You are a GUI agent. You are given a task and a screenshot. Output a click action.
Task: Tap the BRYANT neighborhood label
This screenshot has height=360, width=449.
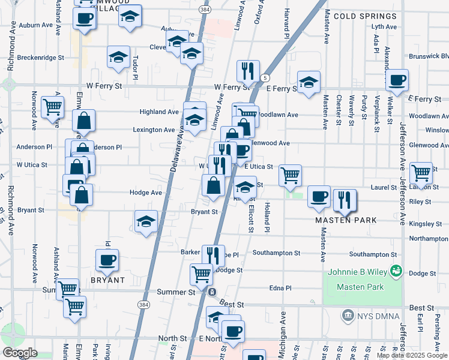(107, 280)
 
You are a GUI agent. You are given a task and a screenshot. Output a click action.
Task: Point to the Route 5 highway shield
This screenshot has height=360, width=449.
(265, 78)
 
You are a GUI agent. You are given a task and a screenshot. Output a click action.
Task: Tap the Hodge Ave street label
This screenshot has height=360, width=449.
(146, 193)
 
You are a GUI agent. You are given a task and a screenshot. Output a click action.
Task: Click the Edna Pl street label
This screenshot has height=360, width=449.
(280, 288)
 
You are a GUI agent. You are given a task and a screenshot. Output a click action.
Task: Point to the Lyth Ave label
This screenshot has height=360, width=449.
(384, 26)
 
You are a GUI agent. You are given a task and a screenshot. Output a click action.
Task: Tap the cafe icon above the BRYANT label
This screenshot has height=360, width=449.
(107, 260)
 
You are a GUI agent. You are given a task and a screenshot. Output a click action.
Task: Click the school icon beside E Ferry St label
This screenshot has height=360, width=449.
(309, 82)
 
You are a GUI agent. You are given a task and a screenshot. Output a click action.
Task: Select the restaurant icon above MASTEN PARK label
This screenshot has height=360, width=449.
(344, 200)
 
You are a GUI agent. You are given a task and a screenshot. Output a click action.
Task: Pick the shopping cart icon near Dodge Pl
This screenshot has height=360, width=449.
(201, 274)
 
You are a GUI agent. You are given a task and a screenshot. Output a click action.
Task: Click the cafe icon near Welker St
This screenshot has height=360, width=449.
(396, 80)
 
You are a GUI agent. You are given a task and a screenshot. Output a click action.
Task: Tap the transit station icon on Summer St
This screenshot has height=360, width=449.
(212, 292)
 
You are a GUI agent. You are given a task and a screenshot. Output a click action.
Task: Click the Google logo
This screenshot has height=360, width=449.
(20, 353)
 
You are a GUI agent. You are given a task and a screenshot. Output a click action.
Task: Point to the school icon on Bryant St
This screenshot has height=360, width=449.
(146, 221)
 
